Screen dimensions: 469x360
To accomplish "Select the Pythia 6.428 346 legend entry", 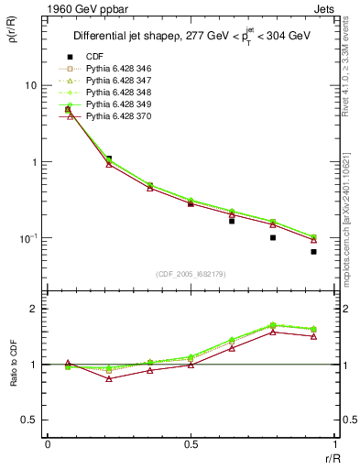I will [x=119, y=71].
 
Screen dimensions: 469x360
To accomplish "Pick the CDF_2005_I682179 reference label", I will [x=190, y=275].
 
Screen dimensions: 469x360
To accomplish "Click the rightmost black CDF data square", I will [x=313, y=251].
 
